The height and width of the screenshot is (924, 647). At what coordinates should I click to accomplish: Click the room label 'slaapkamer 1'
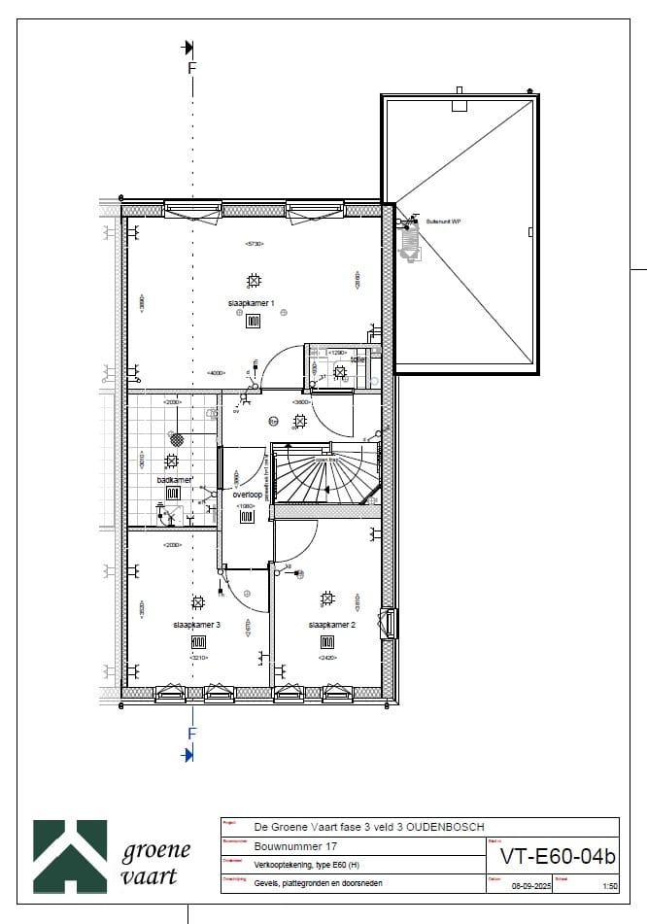251,303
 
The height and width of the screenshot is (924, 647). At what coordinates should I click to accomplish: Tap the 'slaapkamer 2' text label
331,625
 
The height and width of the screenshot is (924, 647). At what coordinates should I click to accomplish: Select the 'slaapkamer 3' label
197,625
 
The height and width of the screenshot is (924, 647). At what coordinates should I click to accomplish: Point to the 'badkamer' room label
175,480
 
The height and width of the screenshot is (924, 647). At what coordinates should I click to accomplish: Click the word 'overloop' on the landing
248,495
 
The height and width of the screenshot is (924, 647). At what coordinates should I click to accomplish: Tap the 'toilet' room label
358,359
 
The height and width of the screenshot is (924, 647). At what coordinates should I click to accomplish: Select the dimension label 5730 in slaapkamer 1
255,243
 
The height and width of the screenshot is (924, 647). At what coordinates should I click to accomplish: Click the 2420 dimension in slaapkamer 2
327,658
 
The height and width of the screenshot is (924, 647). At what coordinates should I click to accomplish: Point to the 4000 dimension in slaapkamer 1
217,373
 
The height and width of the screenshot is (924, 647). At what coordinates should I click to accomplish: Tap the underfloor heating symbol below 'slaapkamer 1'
253,322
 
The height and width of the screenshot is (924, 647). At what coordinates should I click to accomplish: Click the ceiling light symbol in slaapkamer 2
328,598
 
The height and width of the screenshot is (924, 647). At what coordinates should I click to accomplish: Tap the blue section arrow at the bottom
187,754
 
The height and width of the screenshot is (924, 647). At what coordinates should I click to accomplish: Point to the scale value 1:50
609,886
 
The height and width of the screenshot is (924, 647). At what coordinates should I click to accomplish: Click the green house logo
70,853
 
